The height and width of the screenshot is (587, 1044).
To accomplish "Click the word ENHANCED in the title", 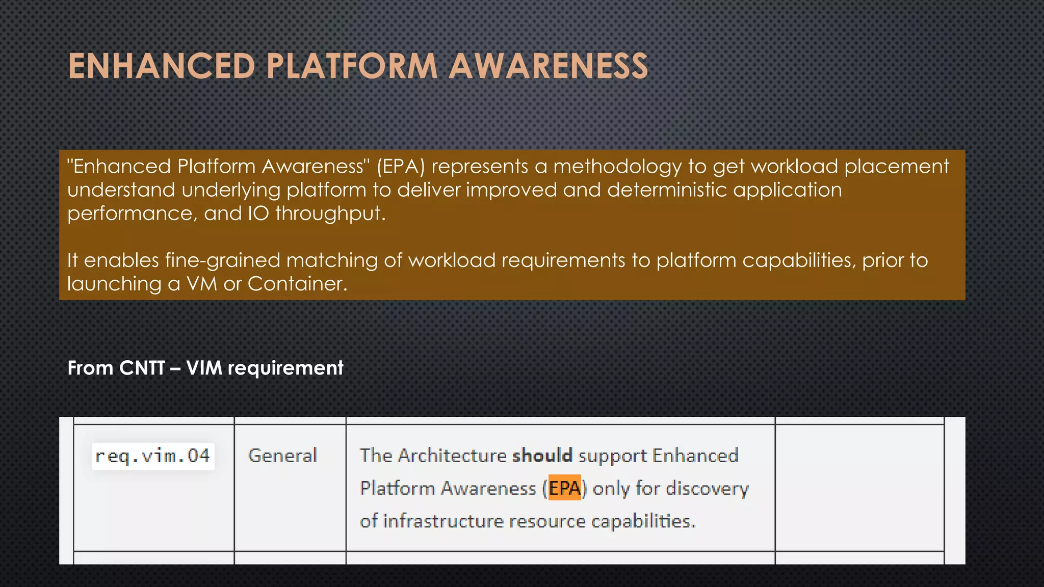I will (x=162, y=67).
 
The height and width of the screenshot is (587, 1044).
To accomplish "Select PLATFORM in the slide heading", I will (x=352, y=67).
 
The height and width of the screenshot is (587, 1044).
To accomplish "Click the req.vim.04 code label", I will (x=152, y=456).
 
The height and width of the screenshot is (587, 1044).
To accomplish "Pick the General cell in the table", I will (x=282, y=456).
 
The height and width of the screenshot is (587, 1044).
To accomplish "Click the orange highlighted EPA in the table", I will (x=564, y=488).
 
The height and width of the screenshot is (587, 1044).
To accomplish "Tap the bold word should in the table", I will (x=542, y=456).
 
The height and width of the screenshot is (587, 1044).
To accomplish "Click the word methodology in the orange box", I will (x=617, y=167).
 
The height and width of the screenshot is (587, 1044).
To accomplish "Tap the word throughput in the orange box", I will (x=330, y=214).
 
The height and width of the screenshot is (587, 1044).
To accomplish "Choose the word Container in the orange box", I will (x=297, y=284).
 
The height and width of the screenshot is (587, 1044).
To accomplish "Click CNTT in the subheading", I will (x=142, y=368).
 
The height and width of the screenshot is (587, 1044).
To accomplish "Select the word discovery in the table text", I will (x=707, y=489).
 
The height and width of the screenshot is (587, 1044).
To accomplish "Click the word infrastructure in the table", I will (x=443, y=521).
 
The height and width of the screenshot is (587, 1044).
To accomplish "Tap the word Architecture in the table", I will (x=452, y=456).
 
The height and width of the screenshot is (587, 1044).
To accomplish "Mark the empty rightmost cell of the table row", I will (x=859, y=488).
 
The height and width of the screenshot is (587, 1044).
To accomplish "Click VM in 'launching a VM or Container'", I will (x=202, y=284).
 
